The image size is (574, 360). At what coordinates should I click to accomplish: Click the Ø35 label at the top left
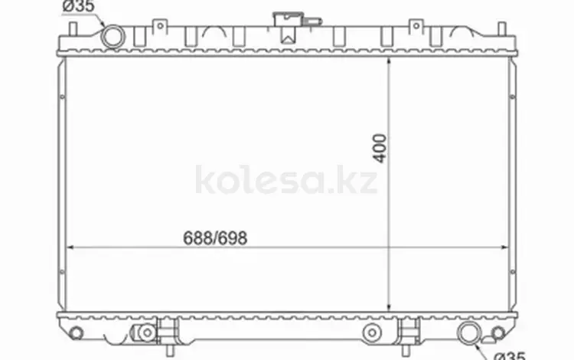click(78, 6)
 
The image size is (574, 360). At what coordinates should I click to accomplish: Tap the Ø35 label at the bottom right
click(509, 355)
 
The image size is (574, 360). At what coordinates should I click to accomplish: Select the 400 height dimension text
click(380, 149)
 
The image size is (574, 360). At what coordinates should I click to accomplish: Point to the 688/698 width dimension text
click(215, 238)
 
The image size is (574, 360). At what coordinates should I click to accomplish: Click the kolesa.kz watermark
click(286, 179)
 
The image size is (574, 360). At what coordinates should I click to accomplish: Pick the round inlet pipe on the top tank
click(113, 37)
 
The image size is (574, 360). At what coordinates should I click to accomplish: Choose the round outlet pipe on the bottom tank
click(469, 333)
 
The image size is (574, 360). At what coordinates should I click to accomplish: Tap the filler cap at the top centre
click(288, 19)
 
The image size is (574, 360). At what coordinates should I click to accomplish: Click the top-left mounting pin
click(73, 29)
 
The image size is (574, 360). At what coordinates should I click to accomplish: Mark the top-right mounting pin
click(502, 29)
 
